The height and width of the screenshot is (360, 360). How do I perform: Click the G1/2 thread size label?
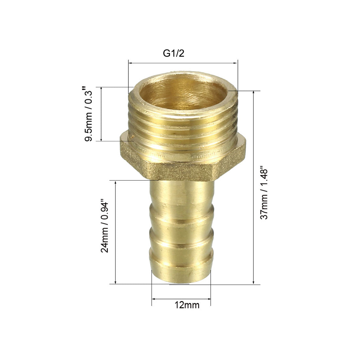[174, 53]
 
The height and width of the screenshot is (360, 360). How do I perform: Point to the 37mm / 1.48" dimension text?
[264, 194]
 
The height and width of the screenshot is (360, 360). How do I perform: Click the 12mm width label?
[187, 305]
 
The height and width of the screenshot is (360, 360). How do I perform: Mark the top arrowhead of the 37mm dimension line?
[254, 93]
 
